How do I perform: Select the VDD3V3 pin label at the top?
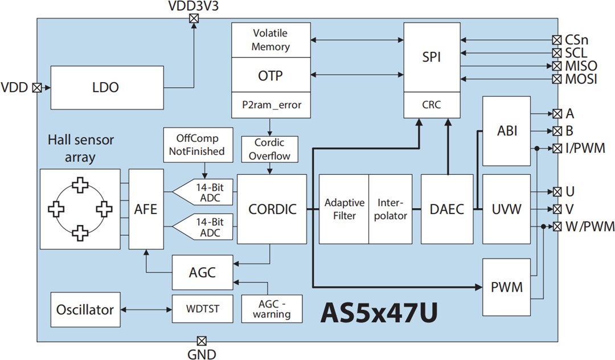[x=194, y=6]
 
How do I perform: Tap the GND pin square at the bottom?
[x=201, y=341]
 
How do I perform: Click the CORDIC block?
[x=272, y=209]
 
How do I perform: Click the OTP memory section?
[x=270, y=76]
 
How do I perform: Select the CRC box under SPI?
[x=431, y=105]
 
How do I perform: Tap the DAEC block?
[x=447, y=209]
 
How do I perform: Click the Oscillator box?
[x=85, y=310]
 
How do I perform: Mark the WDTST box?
[x=203, y=310]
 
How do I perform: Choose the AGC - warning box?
[x=272, y=309]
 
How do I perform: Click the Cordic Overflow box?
[x=270, y=148]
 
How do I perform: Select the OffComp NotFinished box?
[x=197, y=145]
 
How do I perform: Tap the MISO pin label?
[x=581, y=66]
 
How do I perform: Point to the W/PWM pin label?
[x=590, y=227]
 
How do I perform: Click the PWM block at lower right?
[x=506, y=287]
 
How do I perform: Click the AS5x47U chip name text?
[x=380, y=313]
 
